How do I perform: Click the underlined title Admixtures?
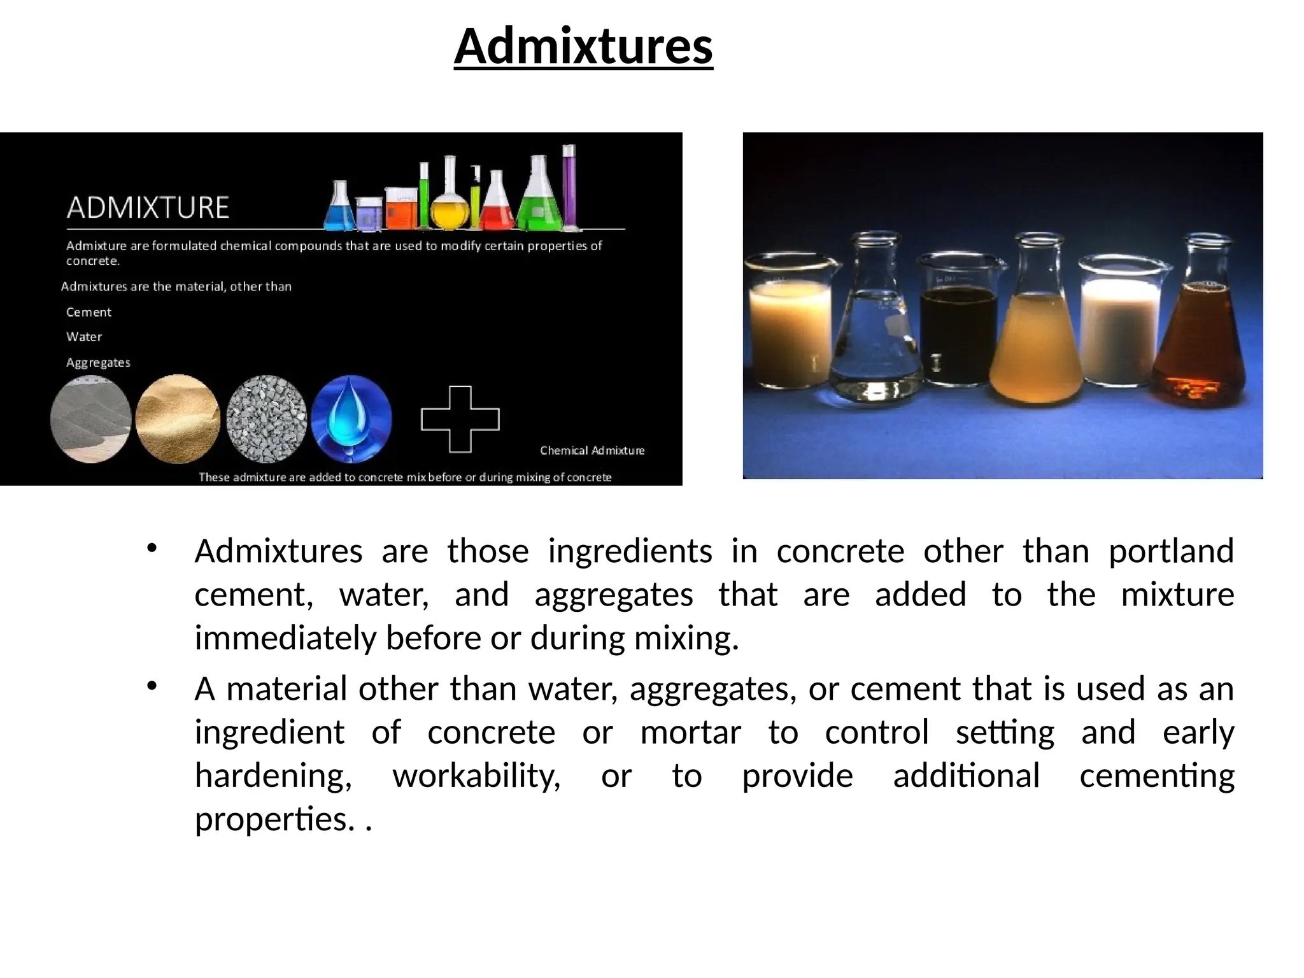click(583, 46)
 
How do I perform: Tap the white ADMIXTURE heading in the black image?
click(148, 208)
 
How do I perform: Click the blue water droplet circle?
click(351, 418)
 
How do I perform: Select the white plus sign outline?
click(460, 419)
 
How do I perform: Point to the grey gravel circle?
click(266, 418)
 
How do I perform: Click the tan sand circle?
click(178, 418)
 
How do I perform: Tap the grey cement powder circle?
click(90, 419)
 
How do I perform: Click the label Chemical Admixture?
click(592, 450)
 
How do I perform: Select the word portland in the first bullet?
click(1171, 551)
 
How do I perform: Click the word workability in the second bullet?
click(476, 776)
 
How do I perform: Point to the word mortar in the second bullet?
click(690, 732)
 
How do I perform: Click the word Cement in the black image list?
click(89, 312)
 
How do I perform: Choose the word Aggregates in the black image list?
click(98, 362)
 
